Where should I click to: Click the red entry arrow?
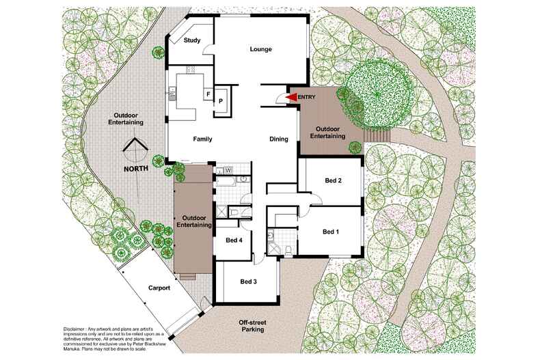tap(291, 98)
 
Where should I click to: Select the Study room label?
tap(192, 40)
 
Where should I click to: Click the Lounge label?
tap(261, 49)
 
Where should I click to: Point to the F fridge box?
tap(208, 94)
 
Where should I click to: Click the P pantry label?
tap(221, 100)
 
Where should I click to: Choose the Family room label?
tap(202, 139)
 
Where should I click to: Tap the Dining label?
tap(279, 139)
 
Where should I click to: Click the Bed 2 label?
tap(333, 181)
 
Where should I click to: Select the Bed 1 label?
tap(331, 232)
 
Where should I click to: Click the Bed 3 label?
tap(248, 281)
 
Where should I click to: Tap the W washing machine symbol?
tap(228, 170)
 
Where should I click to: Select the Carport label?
tap(159, 288)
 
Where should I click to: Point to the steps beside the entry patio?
tap(377, 135)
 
